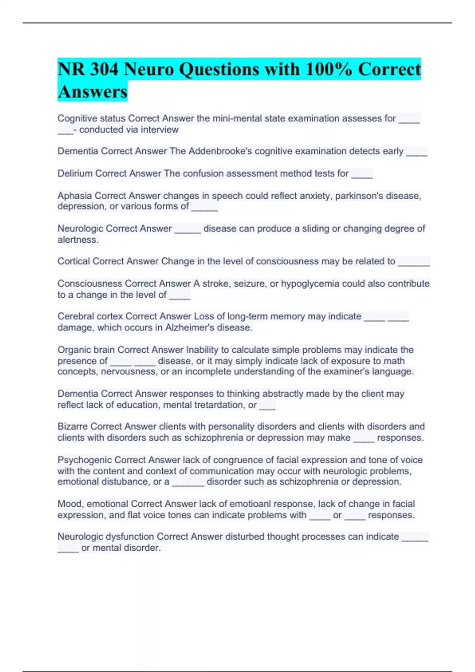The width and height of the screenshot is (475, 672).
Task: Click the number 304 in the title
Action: point(104,70)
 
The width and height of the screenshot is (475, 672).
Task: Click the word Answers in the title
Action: point(92,92)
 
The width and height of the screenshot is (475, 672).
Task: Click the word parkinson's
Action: point(359,196)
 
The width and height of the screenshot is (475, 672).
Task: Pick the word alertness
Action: point(78,240)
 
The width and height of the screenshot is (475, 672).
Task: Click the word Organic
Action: point(74,350)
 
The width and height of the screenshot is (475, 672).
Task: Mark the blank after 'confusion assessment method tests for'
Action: point(362,174)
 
